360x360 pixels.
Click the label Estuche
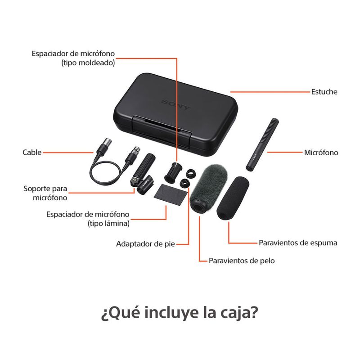[x=324, y=92]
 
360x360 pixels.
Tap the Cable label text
[x=32, y=153]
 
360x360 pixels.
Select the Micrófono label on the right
[x=321, y=153]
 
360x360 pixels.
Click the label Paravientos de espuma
[x=298, y=243]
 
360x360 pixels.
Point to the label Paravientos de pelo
[x=242, y=261]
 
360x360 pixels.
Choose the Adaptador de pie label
[x=145, y=243]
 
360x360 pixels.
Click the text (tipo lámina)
[x=108, y=223]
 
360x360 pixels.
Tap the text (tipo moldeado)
[x=88, y=63]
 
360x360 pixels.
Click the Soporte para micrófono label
[x=45, y=193]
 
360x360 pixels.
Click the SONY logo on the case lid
[x=176, y=104]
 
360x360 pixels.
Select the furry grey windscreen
[x=209, y=188]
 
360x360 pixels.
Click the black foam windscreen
[x=233, y=198]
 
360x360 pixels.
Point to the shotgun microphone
[x=262, y=144]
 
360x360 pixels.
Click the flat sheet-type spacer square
[x=171, y=195]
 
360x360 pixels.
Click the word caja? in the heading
[x=239, y=313]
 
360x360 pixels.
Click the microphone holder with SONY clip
[x=143, y=174]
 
